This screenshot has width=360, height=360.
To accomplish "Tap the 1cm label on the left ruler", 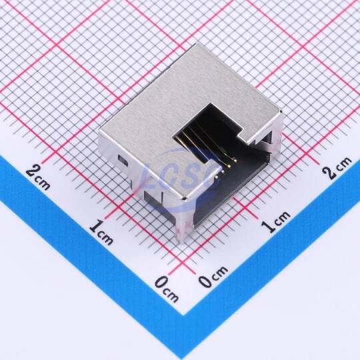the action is [101, 233].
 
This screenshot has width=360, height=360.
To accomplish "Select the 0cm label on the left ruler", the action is [167, 289].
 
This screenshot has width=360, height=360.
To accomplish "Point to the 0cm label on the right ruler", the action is [213, 276].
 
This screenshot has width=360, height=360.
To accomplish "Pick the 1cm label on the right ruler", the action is [276, 221].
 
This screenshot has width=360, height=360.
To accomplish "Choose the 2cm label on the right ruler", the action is [337, 167].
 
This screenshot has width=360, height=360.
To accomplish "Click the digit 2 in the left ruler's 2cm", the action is [31, 172].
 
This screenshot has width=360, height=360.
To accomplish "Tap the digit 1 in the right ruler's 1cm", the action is [268, 227].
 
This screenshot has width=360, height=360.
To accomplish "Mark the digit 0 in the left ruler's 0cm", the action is [161, 283].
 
